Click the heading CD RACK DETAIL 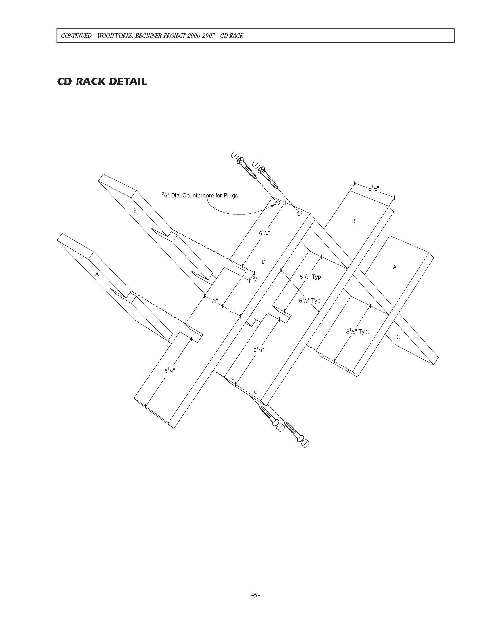point(102,82)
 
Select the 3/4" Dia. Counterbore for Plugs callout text point(199,196)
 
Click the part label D point(264,262)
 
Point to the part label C point(398,337)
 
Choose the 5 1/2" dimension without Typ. point(373,189)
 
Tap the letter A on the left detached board point(97,274)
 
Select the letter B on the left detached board point(135,211)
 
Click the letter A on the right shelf point(395,267)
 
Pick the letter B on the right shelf point(354,221)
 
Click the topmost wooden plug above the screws point(235,155)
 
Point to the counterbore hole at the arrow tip point(277,203)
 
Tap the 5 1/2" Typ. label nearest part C point(357,332)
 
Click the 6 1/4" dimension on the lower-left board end point(169,370)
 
